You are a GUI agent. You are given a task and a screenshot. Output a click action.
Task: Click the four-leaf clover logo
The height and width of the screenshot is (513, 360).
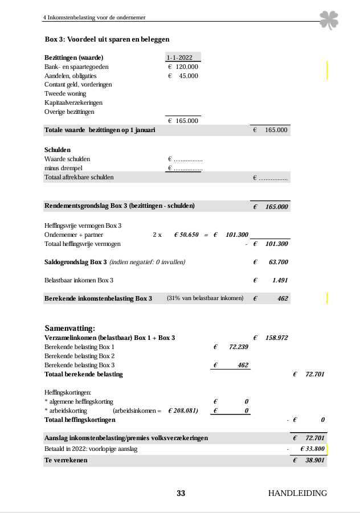[x=329, y=20]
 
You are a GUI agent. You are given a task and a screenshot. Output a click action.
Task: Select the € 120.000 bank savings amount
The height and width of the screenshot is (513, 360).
[x=183, y=67]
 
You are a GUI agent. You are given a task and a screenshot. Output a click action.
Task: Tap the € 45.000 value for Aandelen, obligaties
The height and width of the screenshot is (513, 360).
[x=183, y=76]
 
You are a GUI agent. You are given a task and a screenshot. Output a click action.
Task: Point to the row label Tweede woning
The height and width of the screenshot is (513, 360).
[x=65, y=93]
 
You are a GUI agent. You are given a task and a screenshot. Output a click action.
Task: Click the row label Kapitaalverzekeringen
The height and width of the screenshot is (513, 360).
[x=73, y=102]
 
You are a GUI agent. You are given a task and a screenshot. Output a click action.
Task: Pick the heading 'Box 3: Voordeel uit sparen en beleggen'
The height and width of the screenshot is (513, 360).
[x=107, y=39]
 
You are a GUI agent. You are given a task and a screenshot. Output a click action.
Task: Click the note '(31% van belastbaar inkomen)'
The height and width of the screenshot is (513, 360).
[x=205, y=298]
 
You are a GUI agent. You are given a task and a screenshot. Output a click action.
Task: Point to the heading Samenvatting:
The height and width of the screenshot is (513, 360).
[x=69, y=328]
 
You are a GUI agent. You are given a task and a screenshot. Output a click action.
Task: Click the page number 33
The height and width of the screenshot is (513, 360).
[x=181, y=494]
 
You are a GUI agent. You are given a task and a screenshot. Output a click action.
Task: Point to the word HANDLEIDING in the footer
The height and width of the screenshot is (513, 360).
[x=297, y=494]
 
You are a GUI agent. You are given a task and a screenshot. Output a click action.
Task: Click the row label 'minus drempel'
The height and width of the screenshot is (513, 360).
[x=63, y=168]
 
